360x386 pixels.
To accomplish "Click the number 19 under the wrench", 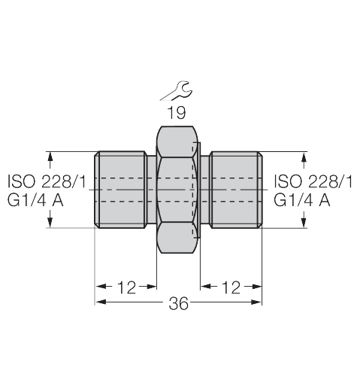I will click(x=178, y=113).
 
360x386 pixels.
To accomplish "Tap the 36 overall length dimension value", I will click(x=178, y=304).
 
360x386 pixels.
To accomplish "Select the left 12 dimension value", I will click(x=126, y=287).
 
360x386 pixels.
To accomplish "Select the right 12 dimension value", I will click(x=231, y=287).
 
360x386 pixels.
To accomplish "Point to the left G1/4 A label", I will click(x=36, y=200).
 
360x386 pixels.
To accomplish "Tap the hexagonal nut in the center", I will click(x=178, y=190).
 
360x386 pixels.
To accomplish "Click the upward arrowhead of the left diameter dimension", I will click(x=51, y=157).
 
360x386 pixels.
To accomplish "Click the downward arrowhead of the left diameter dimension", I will click(x=51, y=223).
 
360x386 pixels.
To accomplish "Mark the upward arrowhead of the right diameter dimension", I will click(x=304, y=157).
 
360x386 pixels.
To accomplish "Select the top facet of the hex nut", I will click(x=178, y=141).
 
